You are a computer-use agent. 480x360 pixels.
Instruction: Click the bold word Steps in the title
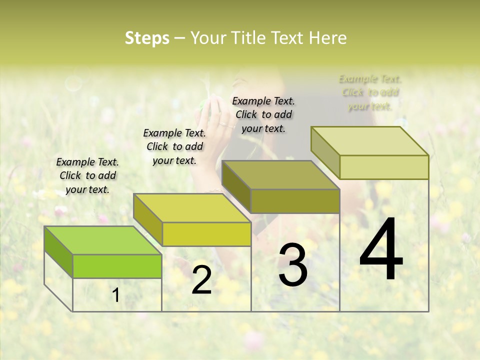147,38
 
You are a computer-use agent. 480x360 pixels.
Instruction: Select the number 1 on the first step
116,295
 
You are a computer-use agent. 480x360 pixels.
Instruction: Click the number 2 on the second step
201,280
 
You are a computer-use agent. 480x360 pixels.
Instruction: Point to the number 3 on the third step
293,265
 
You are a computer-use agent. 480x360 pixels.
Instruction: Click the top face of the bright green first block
103,240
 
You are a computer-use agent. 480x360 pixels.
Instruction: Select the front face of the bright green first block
117,266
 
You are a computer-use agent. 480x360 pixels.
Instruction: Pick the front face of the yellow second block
206,234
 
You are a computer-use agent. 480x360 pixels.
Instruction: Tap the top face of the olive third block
281,175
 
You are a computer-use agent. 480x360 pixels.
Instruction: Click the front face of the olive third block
295,201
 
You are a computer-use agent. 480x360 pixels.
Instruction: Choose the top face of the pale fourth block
370,141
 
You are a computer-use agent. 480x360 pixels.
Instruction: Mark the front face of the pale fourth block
384,167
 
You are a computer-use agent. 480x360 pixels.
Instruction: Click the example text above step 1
87,176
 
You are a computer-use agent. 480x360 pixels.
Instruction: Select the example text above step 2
174,146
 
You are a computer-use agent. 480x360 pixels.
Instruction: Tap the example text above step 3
263,114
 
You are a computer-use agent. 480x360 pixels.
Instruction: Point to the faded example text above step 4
370,92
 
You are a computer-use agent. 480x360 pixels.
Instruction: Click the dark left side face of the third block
236,186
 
